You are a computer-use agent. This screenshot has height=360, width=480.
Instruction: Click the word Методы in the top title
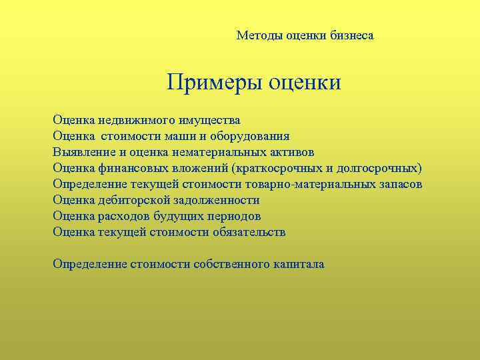260,35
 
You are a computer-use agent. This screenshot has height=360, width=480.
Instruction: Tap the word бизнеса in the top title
351,35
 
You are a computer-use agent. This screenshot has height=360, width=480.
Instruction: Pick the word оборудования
251,137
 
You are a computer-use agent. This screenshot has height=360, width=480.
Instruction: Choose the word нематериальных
213,152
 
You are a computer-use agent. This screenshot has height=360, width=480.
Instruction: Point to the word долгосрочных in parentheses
379,168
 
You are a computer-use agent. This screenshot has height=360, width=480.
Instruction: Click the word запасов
399,184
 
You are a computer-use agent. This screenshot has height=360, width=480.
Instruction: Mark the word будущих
175,216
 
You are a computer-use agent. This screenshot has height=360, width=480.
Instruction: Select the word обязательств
249,232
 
